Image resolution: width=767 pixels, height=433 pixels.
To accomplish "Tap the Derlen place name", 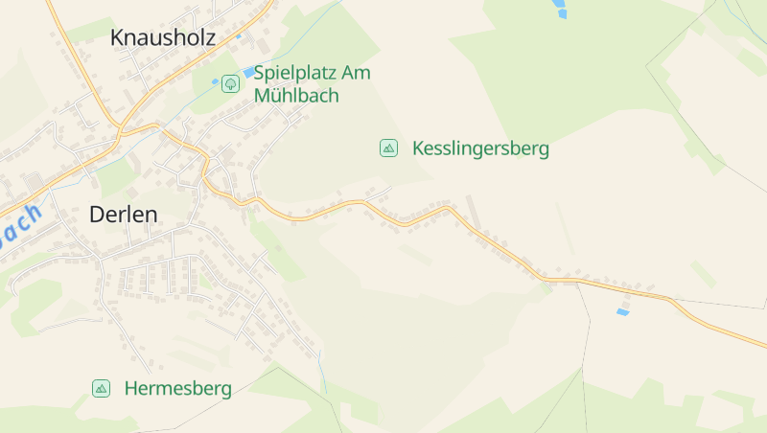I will click(123, 215).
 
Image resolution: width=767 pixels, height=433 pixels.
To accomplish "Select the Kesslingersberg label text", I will click(480, 148).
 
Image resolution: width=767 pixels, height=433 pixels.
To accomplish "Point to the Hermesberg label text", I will click(178, 389).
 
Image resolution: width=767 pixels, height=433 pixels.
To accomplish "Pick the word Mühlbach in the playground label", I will click(296, 96).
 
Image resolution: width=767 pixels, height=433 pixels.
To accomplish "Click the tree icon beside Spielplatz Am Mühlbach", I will click(230, 83).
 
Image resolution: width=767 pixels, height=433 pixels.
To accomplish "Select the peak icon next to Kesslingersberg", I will click(388, 148).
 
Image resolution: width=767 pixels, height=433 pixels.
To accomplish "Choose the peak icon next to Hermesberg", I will click(101, 388).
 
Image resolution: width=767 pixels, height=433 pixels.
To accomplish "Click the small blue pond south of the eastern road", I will click(623, 312).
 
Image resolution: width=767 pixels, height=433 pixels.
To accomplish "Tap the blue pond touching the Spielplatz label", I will click(249, 72).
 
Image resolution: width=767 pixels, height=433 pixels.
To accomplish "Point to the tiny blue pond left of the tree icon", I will click(215, 81).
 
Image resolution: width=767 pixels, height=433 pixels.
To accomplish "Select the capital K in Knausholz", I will click(117, 37).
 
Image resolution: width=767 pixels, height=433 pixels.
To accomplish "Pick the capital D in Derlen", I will click(96, 215).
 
